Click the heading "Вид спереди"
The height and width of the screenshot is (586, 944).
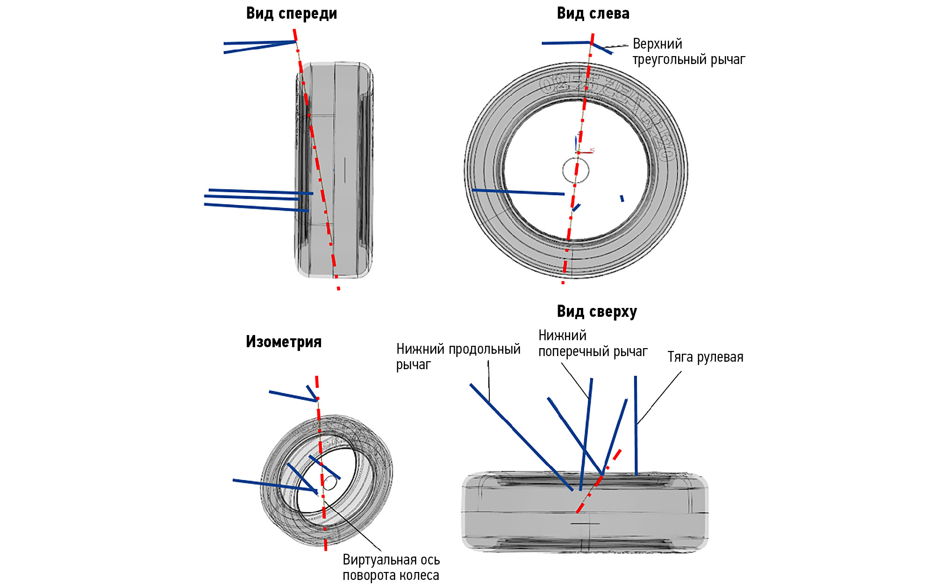(x=291, y=14)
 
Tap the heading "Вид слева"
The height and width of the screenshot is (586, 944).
(x=593, y=14)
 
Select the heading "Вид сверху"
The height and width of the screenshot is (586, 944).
(x=596, y=312)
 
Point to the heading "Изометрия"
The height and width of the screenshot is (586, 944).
(x=284, y=342)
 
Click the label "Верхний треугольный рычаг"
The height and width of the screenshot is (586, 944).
(x=688, y=52)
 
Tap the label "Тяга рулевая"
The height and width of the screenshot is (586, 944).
(x=705, y=357)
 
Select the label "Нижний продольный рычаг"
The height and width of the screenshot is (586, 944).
(x=458, y=356)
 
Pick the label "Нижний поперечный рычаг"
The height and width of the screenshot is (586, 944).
(x=593, y=343)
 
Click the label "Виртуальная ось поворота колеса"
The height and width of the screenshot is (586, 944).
(x=391, y=567)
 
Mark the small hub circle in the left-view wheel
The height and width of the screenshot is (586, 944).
(x=575, y=171)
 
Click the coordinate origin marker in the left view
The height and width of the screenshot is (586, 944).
(x=578, y=152)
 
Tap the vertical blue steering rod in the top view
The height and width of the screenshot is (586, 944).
(x=636, y=425)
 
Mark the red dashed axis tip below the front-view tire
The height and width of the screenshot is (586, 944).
(x=338, y=286)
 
